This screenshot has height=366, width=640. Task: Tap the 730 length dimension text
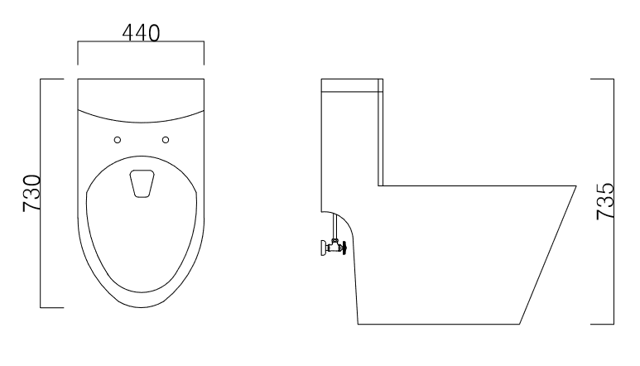coord(31,194)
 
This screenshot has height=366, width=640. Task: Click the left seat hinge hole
coord(118,139)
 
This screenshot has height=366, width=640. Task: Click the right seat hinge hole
coord(166,139)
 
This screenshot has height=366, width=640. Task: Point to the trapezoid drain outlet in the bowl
coord(142,184)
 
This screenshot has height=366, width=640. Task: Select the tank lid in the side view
coord(352,83)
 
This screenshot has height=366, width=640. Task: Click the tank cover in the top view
coord(141,95)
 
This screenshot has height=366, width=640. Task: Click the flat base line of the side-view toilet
coord(439,323)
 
